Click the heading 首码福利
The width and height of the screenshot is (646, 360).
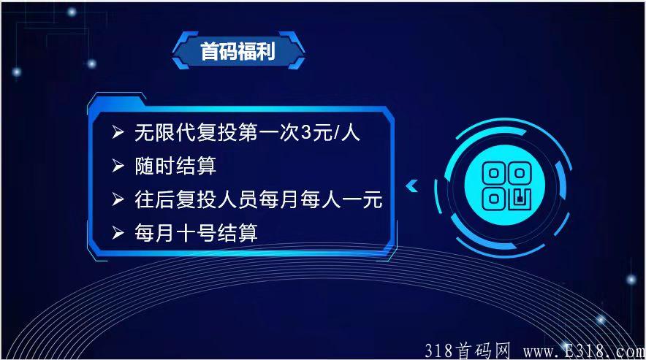coord(238,53)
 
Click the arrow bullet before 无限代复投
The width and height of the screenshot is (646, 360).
coord(117,133)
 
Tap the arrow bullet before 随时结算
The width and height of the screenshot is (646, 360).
coord(117,166)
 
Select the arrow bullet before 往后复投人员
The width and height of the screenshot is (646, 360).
coord(117,199)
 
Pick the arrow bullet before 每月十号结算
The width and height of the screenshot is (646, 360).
coord(117,233)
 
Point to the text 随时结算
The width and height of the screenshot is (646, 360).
coord(176,166)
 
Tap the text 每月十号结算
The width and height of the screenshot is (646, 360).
coord(196,233)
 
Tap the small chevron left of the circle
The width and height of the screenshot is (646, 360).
coord(411,185)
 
